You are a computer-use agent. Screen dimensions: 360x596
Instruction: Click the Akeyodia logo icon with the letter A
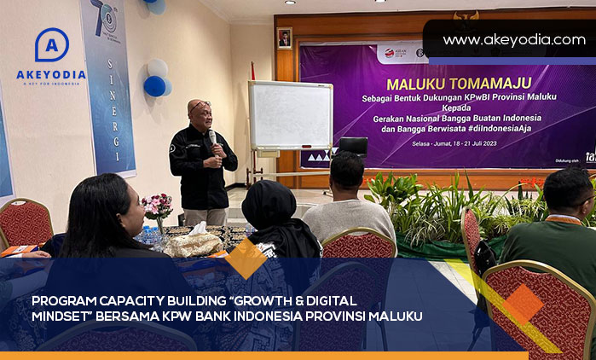coord(51,45)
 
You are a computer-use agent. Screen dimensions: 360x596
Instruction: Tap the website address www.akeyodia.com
coord(513,40)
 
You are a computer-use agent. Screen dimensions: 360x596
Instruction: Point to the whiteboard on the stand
coord(290,115)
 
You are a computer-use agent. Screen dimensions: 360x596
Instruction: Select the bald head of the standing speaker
coord(199,110)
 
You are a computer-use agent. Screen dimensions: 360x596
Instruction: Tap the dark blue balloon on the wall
coord(154,85)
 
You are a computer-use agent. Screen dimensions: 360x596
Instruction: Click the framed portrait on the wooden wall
coord(284,38)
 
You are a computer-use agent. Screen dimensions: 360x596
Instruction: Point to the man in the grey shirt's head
coord(347,172)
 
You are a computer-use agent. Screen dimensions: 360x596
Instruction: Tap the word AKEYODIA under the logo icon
coord(51,74)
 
